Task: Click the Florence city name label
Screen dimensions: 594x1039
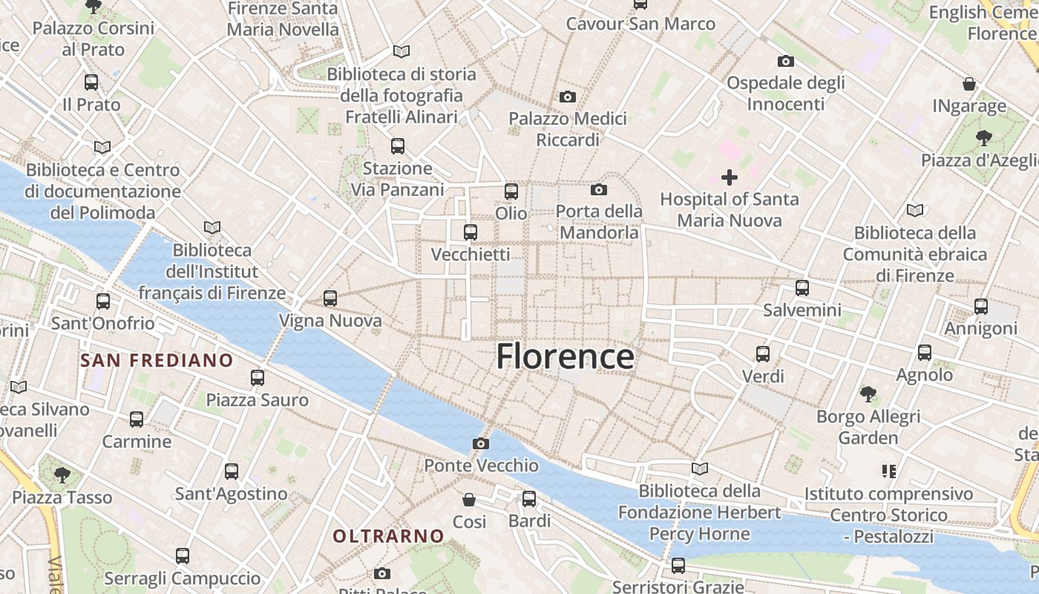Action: click(565, 357)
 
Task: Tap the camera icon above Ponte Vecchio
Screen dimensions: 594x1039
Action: click(481, 443)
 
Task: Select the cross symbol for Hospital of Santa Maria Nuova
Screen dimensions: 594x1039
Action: click(730, 177)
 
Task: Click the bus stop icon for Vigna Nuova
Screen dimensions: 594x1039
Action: click(330, 298)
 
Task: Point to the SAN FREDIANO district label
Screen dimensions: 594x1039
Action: click(157, 361)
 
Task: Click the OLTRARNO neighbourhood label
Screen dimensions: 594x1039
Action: click(388, 535)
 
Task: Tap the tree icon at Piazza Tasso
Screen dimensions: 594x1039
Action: click(62, 474)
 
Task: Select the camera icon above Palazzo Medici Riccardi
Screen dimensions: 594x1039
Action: click(568, 97)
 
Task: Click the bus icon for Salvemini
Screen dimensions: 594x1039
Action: click(802, 287)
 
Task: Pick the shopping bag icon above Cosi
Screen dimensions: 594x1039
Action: click(469, 499)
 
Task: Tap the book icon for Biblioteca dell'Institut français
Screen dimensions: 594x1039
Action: click(212, 227)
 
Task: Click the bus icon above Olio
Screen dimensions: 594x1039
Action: click(511, 192)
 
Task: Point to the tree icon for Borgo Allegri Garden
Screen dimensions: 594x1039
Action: click(868, 394)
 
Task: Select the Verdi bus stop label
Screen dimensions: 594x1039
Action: click(763, 376)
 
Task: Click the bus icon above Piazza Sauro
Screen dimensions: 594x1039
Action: click(258, 378)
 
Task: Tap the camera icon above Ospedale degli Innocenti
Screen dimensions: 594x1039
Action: click(786, 61)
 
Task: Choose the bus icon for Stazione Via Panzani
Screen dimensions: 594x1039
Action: click(398, 146)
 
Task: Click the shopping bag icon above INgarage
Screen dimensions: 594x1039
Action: click(969, 83)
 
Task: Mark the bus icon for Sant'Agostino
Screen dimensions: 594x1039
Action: click(232, 471)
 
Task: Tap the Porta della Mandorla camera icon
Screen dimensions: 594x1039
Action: click(599, 189)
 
